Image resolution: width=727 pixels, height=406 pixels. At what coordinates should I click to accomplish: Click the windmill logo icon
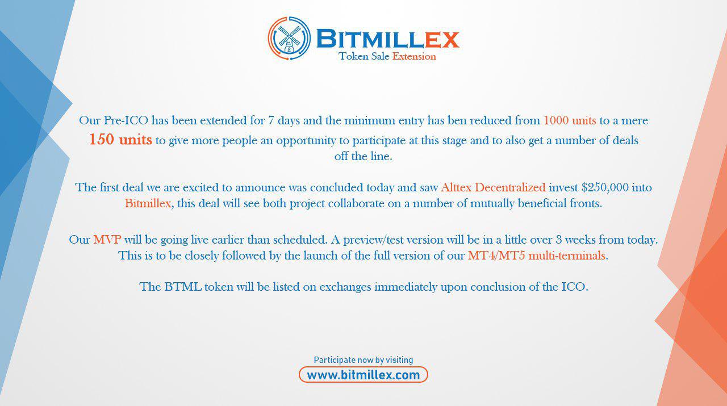click(x=289, y=38)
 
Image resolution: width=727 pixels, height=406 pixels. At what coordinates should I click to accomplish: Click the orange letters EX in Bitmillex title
click(x=442, y=40)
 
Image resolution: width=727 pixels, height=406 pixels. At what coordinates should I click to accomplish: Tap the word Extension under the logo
click(x=414, y=56)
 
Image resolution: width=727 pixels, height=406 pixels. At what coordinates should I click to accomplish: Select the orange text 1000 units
click(x=570, y=120)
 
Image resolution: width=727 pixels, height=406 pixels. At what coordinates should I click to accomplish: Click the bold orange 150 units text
click(x=120, y=140)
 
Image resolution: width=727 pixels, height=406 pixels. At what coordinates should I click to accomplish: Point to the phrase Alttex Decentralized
click(x=494, y=187)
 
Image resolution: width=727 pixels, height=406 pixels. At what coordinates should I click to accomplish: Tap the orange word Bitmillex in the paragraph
click(x=148, y=203)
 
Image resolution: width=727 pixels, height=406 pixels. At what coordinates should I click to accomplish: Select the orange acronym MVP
click(x=107, y=240)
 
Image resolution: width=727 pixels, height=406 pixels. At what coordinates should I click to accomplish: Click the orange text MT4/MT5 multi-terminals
click(x=537, y=256)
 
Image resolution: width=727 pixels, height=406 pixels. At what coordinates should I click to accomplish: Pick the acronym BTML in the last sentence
click(x=183, y=287)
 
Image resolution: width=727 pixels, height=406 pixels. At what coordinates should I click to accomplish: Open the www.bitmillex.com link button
click(x=363, y=375)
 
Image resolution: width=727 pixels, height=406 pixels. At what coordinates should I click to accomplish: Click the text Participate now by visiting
click(x=363, y=359)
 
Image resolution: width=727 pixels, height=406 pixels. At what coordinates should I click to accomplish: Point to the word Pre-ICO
click(x=126, y=120)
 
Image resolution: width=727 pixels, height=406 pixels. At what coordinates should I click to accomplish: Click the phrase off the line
click(x=363, y=156)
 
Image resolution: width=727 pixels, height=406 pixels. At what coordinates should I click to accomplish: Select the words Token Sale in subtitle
click(x=364, y=56)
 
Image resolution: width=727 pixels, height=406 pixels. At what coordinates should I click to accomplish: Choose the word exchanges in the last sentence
click(x=345, y=287)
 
